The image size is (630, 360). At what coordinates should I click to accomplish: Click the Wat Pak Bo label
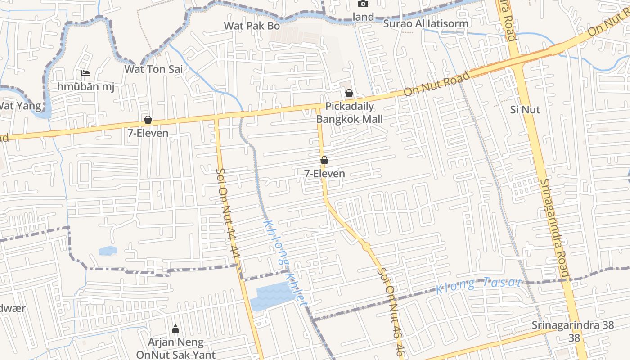(x=252, y=26)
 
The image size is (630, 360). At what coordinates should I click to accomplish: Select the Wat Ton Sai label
(x=153, y=69)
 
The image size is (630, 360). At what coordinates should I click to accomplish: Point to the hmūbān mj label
(x=85, y=86)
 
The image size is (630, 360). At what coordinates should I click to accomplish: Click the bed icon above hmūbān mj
(x=85, y=73)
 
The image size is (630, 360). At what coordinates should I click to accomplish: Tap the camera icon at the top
(x=363, y=4)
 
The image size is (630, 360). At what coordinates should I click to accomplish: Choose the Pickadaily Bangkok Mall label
(x=350, y=113)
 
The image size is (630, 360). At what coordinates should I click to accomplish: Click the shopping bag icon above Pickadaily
(x=349, y=94)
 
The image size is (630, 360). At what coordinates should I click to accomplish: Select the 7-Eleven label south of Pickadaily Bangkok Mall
(x=324, y=173)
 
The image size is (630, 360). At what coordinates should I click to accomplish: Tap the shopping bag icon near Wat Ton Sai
(x=148, y=120)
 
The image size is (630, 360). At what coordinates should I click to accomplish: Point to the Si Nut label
(x=525, y=109)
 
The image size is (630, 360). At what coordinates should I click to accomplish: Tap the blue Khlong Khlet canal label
(x=285, y=264)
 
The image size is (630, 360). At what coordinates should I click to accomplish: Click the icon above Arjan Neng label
(x=175, y=329)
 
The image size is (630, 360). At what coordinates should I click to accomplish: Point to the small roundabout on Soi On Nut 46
(x=367, y=246)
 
